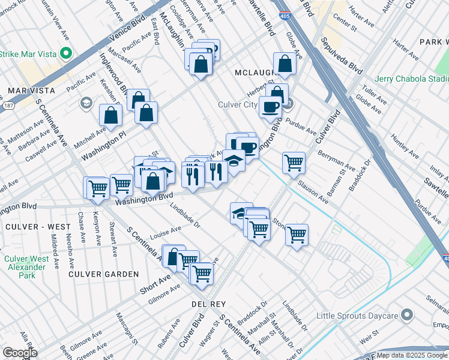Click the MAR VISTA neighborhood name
pyautogui.click(x=31, y=91)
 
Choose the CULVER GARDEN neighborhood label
pyautogui.click(x=103, y=274)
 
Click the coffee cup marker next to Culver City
pyautogui.click(x=270, y=107)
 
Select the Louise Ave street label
pyautogui.click(x=166, y=232)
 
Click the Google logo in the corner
pyautogui.click(x=20, y=353)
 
